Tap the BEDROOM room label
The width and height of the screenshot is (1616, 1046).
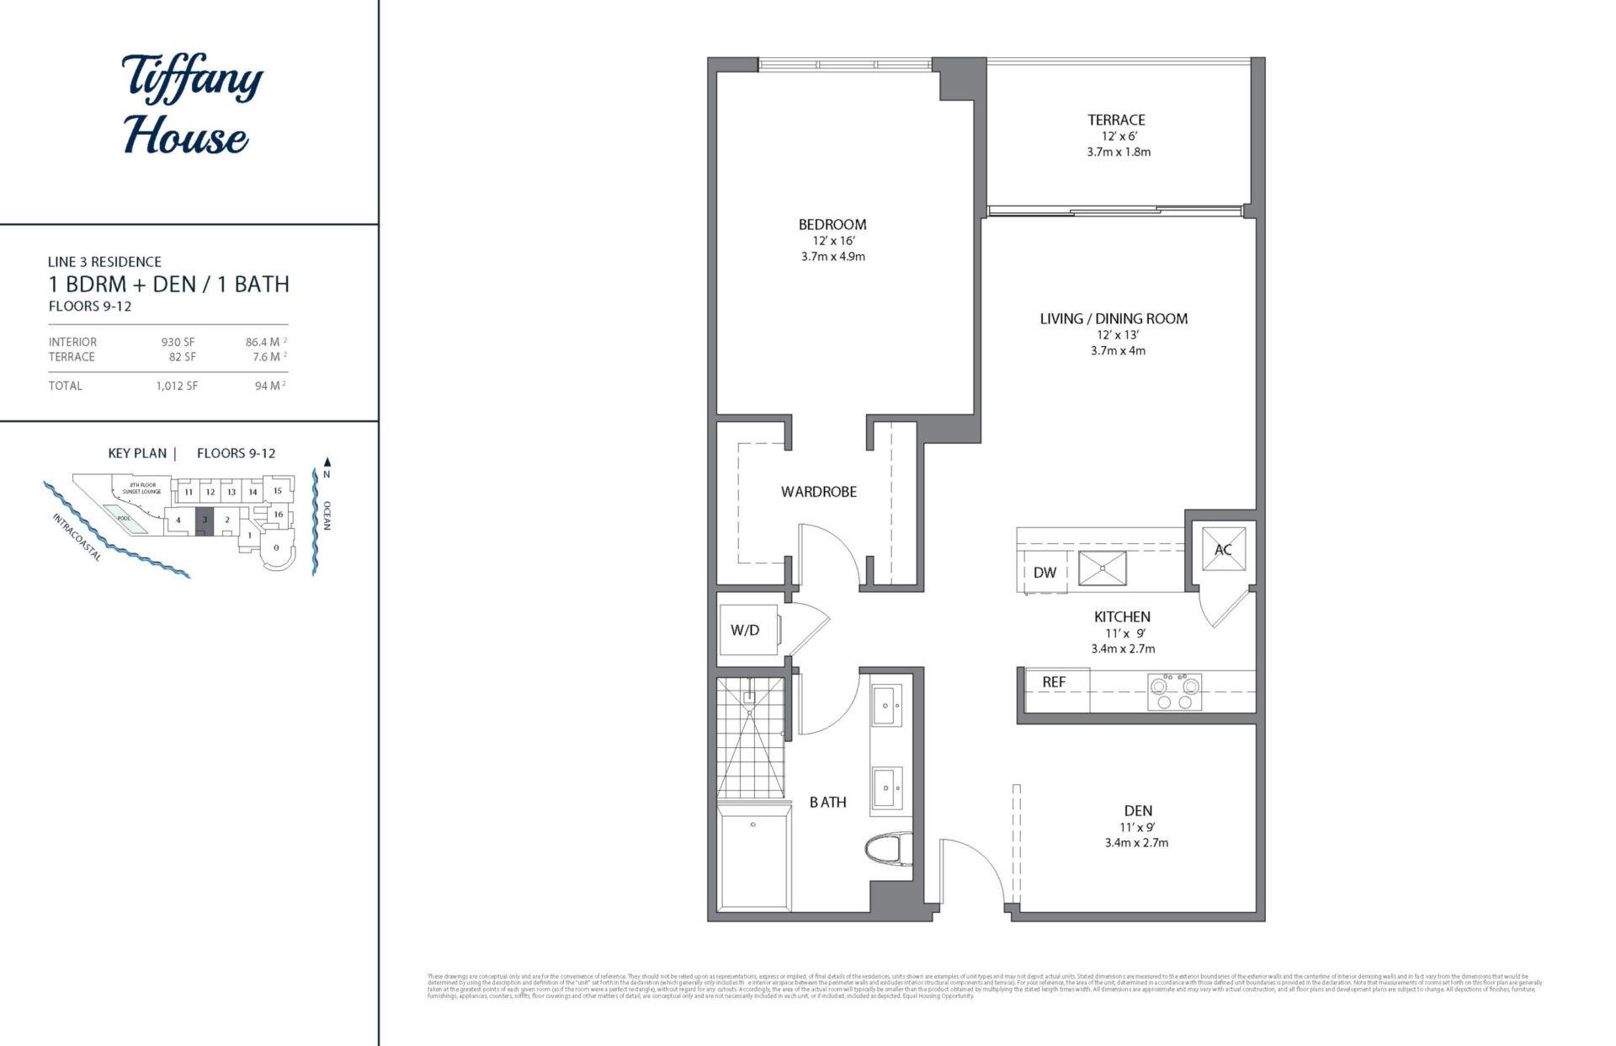[x=832, y=225]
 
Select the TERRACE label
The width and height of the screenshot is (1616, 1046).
[x=1116, y=120]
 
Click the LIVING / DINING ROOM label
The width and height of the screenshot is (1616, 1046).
[x=1113, y=319]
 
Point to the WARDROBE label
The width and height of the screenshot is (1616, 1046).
[x=818, y=492]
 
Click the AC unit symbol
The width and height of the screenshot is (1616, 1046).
[x=1223, y=549]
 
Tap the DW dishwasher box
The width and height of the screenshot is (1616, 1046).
[x=1045, y=573]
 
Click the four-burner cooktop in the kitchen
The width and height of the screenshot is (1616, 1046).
[x=1174, y=691]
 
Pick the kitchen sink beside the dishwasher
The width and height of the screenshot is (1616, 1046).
[x=1102, y=568]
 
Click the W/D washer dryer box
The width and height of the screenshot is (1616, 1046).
[x=746, y=630]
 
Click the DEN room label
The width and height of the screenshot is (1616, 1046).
[x=1137, y=811]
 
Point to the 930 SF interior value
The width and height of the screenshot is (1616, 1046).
[x=178, y=342]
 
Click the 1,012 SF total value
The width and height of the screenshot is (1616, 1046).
[x=176, y=386]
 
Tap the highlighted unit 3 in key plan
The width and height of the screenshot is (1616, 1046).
[x=204, y=520]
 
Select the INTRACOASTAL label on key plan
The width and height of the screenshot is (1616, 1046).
[x=77, y=537]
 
